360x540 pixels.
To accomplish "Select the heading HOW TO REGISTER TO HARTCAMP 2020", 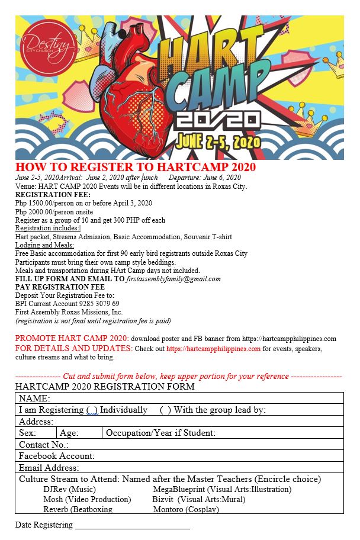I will point(136,167).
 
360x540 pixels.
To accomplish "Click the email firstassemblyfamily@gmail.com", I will point(173,279).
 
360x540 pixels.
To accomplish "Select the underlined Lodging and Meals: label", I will point(44,245).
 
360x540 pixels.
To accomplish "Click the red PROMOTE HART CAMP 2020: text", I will point(72,338).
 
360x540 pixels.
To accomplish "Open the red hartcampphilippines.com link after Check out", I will point(213,349).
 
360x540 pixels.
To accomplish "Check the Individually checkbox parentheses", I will point(92,410).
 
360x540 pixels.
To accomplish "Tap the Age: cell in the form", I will point(69,433).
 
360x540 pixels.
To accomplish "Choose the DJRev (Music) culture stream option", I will point(69,490).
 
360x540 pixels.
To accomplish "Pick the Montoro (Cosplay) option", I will point(186,509).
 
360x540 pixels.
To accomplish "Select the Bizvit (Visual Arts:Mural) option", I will point(198,499).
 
